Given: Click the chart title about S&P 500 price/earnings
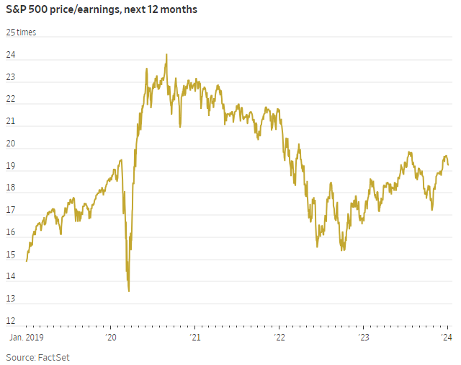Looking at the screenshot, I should click(102, 9).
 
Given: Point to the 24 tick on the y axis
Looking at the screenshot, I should click(11, 56).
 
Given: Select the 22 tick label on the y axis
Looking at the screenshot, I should click(11, 102).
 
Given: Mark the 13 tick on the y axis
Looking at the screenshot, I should click(11, 299).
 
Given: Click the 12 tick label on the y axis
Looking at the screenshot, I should click(11, 321).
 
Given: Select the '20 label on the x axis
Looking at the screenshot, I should click(111, 337).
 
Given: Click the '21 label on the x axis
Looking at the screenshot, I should click(194, 337).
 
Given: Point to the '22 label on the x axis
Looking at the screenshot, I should click(279, 337).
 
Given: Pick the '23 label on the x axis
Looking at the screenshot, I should click(363, 337).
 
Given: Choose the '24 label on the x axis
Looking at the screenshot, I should click(447, 337).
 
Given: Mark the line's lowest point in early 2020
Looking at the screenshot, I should click(128, 291).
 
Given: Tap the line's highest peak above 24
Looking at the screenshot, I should click(166, 54).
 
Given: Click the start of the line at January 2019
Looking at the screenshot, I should click(26, 261).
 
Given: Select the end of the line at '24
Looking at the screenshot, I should click(449, 164).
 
